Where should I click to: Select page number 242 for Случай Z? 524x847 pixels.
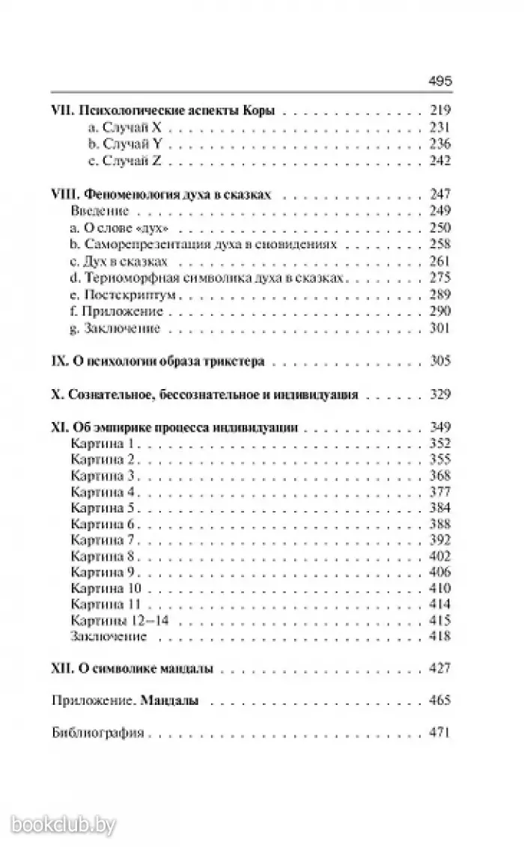coord(439,160)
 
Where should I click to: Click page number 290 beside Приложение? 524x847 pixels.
coord(439,311)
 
